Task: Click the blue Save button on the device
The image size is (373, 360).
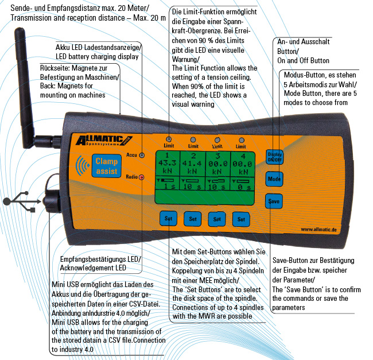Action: point(273,202)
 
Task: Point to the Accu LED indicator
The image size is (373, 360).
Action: point(142,155)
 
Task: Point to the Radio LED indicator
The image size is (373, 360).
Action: point(142,177)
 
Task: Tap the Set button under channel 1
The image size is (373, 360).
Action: point(168,219)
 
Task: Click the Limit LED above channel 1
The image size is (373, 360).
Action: point(169,140)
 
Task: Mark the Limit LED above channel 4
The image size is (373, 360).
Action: point(242,140)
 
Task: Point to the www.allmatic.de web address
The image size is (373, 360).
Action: point(317,229)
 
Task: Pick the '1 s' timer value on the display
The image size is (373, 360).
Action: point(169,187)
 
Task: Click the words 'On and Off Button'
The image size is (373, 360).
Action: point(303,60)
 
